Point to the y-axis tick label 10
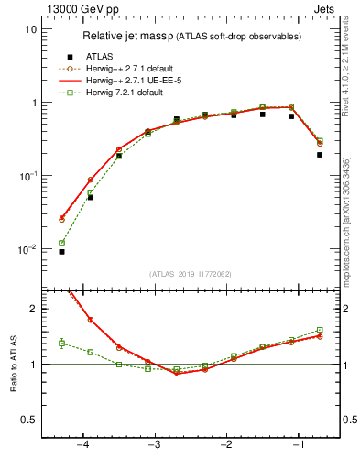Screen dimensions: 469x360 click(30, 29)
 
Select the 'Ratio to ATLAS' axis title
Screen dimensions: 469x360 click(14, 364)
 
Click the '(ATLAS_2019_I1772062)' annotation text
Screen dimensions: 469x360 click(190, 274)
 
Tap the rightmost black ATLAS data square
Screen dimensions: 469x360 click(320, 155)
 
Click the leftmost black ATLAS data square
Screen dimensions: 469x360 click(61, 251)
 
